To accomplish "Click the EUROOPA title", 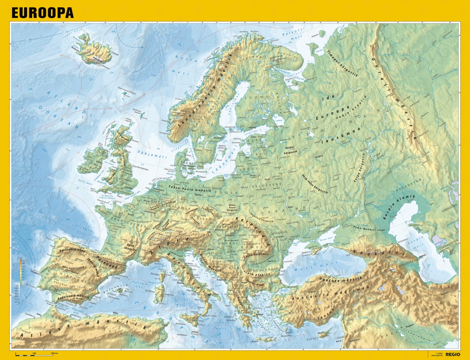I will tap(43, 13).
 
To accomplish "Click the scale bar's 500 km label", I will tap(54, 353).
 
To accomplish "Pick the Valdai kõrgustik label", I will tap(290, 150).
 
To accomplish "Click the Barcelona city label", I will tap(124, 276).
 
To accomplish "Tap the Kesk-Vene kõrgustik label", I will tap(315, 184).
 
